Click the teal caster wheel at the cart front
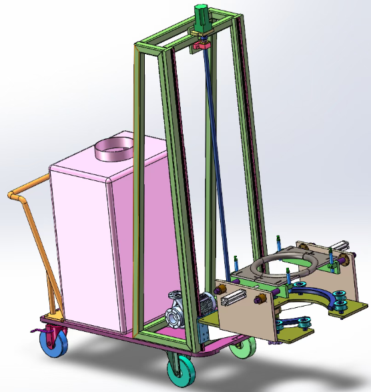(x=179, y=371)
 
